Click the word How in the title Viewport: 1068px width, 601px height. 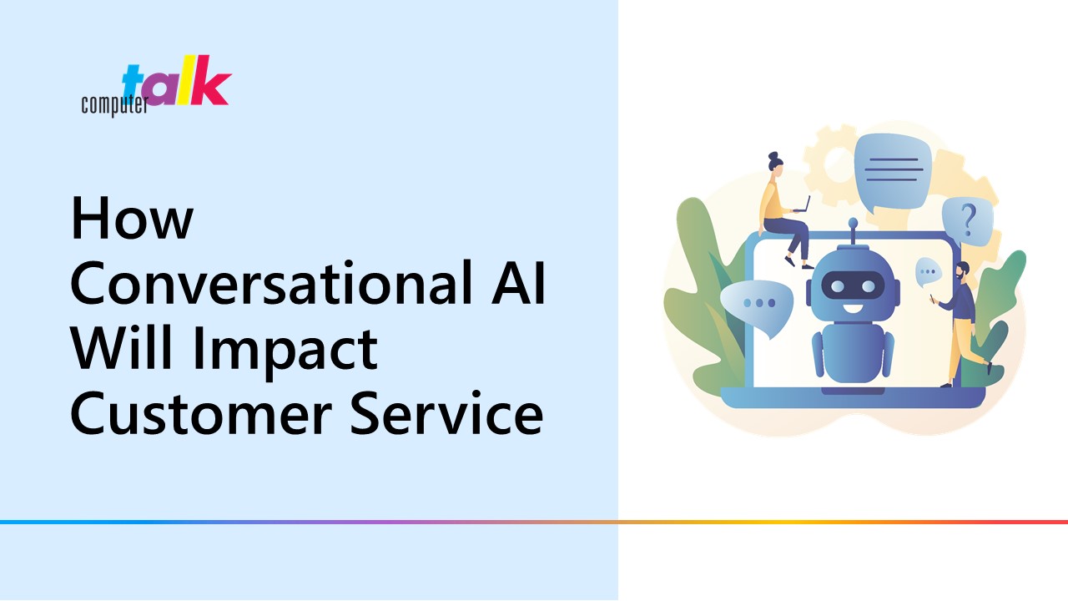[x=132, y=218]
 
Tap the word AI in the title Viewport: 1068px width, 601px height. [x=519, y=282]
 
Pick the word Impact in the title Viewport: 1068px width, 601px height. [x=285, y=352]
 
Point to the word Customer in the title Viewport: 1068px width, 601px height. [x=201, y=413]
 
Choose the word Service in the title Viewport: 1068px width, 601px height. [x=446, y=413]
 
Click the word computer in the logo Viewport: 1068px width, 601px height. [x=114, y=104]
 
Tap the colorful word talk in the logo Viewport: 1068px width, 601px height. [x=177, y=81]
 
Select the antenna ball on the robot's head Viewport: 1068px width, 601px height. [x=853, y=222]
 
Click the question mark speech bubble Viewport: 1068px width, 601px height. [x=968, y=223]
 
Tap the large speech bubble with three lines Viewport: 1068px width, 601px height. [x=892, y=172]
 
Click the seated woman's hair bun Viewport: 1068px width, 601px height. [x=773, y=156]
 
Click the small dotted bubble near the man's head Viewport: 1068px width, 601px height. [x=927, y=272]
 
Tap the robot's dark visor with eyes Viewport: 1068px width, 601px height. [x=854, y=286]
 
